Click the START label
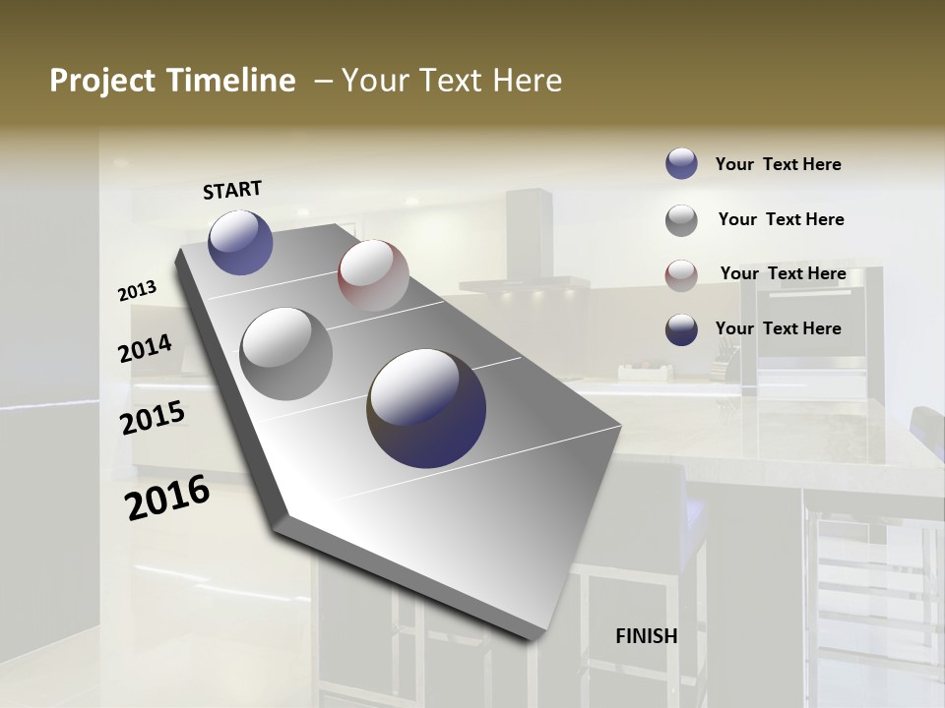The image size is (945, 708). click(x=232, y=190)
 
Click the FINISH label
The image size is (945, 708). click(x=646, y=636)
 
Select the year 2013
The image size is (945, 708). click(x=138, y=291)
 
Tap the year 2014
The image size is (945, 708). click(x=145, y=349)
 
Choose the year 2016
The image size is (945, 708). click(x=167, y=498)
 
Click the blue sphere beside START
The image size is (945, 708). click(x=240, y=242)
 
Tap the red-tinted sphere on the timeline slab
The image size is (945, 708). click(x=373, y=275)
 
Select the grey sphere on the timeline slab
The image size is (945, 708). click(x=285, y=353)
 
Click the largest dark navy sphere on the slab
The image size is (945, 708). click(x=426, y=408)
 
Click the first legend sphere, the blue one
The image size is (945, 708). click(x=681, y=163)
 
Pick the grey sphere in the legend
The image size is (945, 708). click(x=681, y=220)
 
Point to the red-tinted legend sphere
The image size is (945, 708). click(x=681, y=275)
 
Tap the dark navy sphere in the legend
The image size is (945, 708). click(x=681, y=329)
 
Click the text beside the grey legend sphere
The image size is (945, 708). click(x=781, y=219)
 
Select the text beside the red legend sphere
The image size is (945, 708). click(x=783, y=273)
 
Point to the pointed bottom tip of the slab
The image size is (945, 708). click(x=532, y=637)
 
